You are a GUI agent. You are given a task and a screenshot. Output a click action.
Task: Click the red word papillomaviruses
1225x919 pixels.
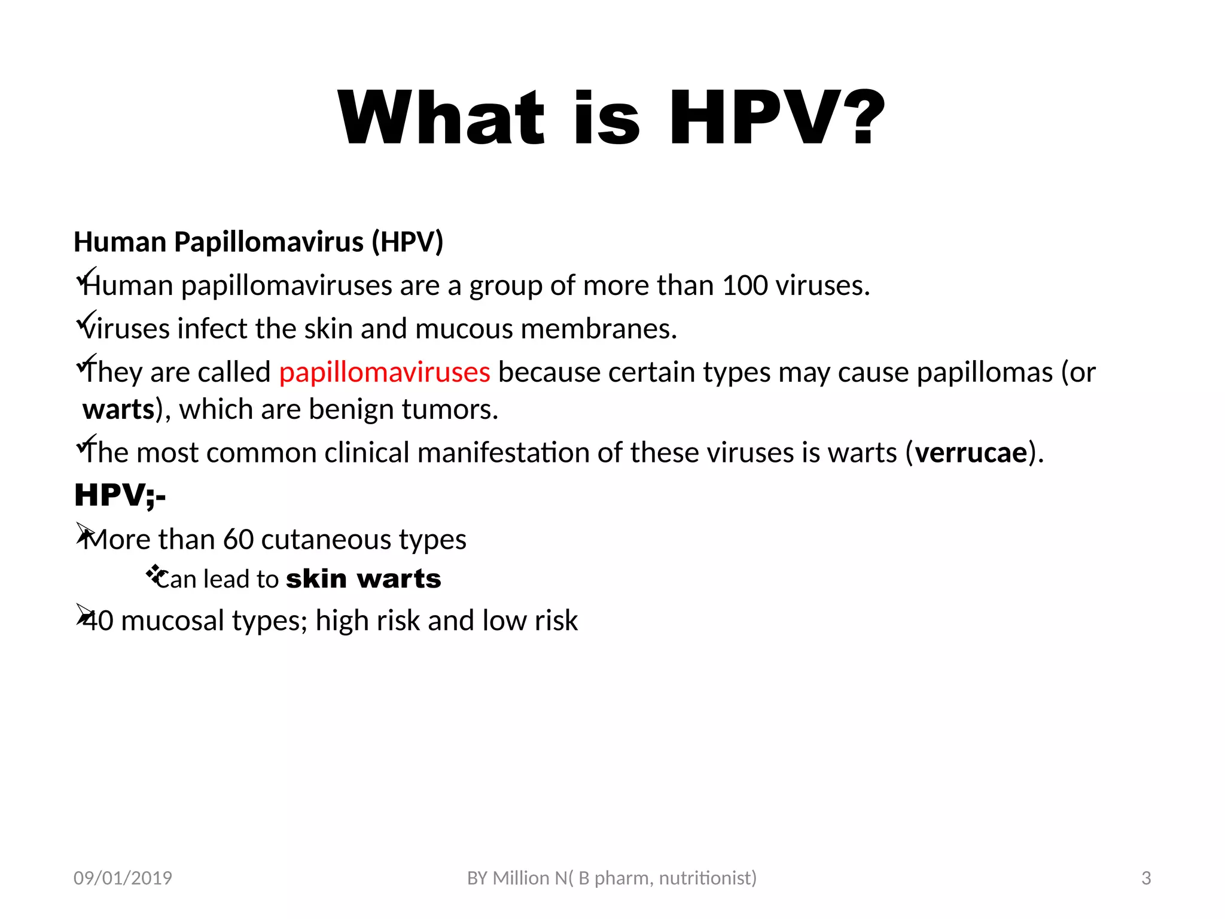point(385,372)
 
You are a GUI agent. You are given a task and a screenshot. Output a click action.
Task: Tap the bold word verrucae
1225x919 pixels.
point(971,452)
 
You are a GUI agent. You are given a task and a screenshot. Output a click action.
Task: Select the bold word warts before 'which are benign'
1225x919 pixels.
point(118,410)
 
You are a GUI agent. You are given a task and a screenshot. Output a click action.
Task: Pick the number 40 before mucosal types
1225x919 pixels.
point(98,621)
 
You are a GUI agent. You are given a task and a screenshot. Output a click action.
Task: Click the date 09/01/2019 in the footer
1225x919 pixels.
point(123,878)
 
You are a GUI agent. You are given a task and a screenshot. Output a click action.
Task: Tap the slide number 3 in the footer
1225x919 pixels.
point(1146,878)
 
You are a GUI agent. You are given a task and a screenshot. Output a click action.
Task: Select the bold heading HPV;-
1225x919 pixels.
point(120,495)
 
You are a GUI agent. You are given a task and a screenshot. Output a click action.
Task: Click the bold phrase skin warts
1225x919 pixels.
point(364,579)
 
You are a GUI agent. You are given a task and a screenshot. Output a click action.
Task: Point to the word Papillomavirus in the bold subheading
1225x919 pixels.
point(269,242)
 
